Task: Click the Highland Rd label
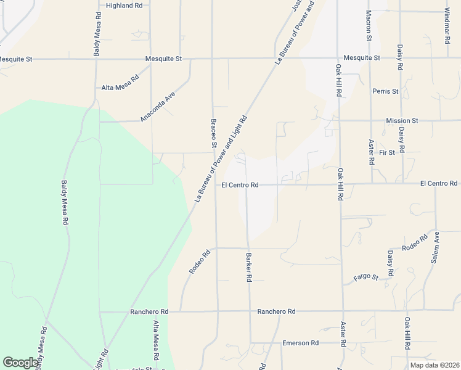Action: click(124, 6)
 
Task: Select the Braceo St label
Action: click(214, 133)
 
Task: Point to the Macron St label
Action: click(369, 25)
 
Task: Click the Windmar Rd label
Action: click(447, 25)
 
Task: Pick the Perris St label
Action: click(385, 91)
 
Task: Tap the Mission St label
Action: click(402, 121)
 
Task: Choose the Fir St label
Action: click(387, 152)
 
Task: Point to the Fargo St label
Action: click(365, 277)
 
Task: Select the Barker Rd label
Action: click(249, 268)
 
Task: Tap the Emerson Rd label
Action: click(300, 343)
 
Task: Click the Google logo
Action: click(20, 363)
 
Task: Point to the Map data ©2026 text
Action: click(434, 365)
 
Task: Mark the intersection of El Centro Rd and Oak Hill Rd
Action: click(340, 184)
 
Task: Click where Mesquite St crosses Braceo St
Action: click(213, 59)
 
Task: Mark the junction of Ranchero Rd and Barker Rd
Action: click(250, 311)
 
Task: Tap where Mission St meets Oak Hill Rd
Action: click(339, 121)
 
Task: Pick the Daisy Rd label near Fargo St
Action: click(391, 263)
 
